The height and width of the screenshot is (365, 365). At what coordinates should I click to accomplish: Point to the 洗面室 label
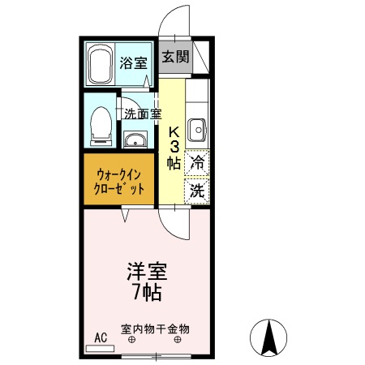pyautogui.click(x=143, y=114)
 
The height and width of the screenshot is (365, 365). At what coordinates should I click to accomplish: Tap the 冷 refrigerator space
pyautogui.click(x=197, y=162)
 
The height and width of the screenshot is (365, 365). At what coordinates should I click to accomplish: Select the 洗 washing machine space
pyautogui.click(x=197, y=191)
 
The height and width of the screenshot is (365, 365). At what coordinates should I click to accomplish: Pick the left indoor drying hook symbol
pyautogui.click(x=131, y=341)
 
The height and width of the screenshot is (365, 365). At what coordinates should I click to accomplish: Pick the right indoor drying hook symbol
pyautogui.click(x=178, y=341)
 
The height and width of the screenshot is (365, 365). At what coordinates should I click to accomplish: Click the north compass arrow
pyautogui.click(x=271, y=335)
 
